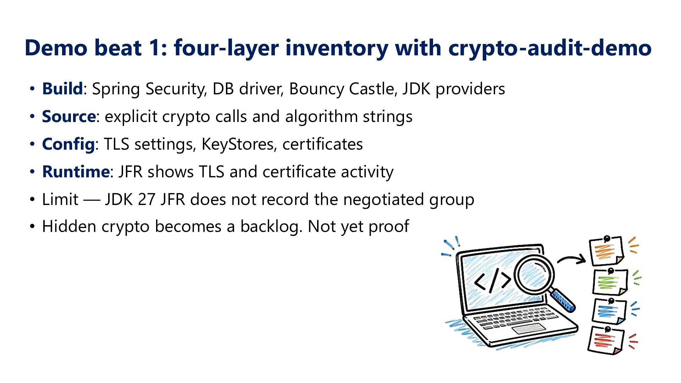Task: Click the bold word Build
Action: click(x=62, y=89)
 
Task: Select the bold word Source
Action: click(x=69, y=116)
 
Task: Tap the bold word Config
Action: click(x=68, y=144)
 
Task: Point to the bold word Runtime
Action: click(x=76, y=172)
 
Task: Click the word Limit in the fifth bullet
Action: click(x=60, y=199)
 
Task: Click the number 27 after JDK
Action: click(x=146, y=199)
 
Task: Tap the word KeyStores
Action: click(x=239, y=144)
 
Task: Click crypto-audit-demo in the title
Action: click(x=550, y=48)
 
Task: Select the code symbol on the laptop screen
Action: click(x=492, y=280)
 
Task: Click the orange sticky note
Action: click(x=606, y=251)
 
